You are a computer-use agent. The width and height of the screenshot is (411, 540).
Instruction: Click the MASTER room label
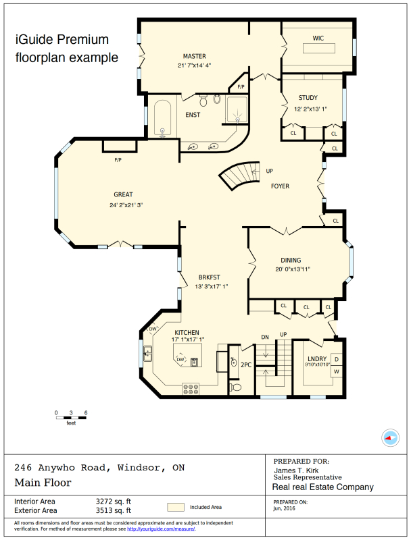click(x=194, y=56)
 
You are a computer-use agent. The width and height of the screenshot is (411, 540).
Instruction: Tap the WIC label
click(x=318, y=38)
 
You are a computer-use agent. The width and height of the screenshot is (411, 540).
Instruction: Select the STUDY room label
click(x=308, y=99)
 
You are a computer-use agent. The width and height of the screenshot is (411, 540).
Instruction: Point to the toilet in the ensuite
click(x=216, y=100)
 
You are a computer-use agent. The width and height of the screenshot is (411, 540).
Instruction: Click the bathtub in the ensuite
click(x=162, y=116)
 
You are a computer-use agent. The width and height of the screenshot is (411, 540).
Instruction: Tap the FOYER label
click(x=281, y=186)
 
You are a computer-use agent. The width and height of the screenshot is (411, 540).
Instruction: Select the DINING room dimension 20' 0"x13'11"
click(x=291, y=269)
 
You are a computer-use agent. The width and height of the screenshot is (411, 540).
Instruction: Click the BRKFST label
click(x=209, y=277)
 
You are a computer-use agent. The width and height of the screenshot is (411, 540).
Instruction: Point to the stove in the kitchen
click(x=191, y=389)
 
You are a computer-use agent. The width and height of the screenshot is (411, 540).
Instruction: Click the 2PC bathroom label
click(x=246, y=364)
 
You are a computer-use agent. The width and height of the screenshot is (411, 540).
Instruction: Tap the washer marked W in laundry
click(x=336, y=372)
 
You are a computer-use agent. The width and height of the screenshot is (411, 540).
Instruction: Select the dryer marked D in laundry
click(x=336, y=359)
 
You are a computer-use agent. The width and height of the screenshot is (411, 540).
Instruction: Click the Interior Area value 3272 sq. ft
click(x=114, y=502)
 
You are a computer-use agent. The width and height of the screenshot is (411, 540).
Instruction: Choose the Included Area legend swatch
click(x=176, y=507)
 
